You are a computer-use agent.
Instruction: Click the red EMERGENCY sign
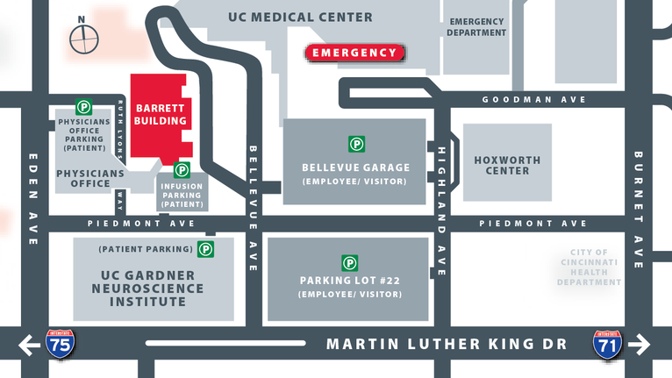354,53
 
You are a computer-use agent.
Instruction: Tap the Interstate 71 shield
607,344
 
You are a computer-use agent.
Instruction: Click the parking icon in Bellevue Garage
357,144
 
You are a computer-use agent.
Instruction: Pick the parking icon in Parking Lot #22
349,262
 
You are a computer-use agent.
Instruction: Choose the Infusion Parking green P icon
182,170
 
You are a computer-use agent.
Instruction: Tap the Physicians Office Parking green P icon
84,107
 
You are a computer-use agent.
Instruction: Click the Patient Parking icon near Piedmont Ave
205,249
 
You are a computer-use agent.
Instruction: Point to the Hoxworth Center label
507,165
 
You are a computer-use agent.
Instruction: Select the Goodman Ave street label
533,100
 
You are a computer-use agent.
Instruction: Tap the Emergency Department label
477,26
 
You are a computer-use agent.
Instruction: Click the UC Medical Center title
300,17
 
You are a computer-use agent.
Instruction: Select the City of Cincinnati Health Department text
594,267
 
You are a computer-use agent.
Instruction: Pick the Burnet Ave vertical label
639,210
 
